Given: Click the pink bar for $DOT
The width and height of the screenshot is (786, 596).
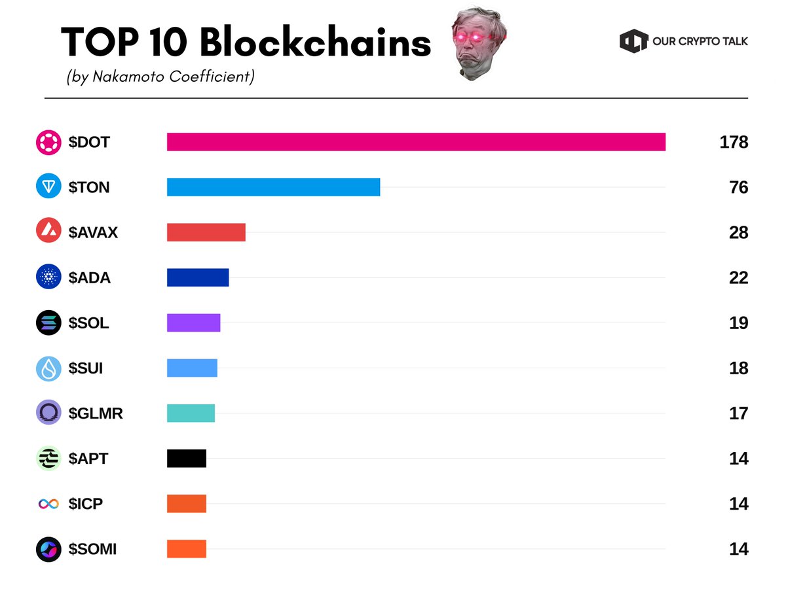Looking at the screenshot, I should pyautogui.click(x=416, y=142).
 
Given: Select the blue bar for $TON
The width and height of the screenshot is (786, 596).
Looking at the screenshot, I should pyautogui.click(x=273, y=187).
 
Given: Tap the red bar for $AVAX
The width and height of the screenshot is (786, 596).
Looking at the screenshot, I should pyautogui.click(x=206, y=232).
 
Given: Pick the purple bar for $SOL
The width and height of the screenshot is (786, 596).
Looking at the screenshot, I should pyautogui.click(x=193, y=323).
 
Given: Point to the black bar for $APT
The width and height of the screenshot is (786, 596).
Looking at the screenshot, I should pyautogui.click(x=186, y=458).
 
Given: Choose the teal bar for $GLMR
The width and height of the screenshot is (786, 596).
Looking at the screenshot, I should pyautogui.click(x=191, y=413).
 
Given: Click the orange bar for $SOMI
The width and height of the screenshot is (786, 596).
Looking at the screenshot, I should pyautogui.click(x=186, y=548).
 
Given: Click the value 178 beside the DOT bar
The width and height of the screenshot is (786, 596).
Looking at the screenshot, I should pyautogui.click(x=733, y=143).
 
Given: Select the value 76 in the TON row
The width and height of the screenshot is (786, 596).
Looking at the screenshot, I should pyautogui.click(x=738, y=188).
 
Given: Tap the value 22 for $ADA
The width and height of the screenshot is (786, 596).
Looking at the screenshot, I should pyautogui.click(x=738, y=278).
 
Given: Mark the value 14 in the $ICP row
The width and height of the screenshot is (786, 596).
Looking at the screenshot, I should pyautogui.click(x=738, y=504).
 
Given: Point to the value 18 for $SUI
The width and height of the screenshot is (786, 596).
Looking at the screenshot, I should pyautogui.click(x=738, y=368).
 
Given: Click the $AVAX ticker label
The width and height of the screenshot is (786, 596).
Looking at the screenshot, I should pyautogui.click(x=93, y=233).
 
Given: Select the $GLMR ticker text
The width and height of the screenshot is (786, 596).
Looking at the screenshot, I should pyautogui.click(x=96, y=413).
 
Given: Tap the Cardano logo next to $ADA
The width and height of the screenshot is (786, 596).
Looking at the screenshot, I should pyautogui.click(x=48, y=277).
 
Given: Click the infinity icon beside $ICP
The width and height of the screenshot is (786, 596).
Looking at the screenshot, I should pyautogui.click(x=48, y=504).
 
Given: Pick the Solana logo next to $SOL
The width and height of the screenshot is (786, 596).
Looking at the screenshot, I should pyautogui.click(x=48, y=323).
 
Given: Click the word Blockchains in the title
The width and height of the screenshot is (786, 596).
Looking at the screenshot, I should pyautogui.click(x=315, y=43).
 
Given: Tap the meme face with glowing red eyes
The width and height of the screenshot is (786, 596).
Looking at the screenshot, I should pyautogui.click(x=479, y=44).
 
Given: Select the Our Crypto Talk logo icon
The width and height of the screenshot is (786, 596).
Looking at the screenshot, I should pyautogui.click(x=633, y=41).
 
